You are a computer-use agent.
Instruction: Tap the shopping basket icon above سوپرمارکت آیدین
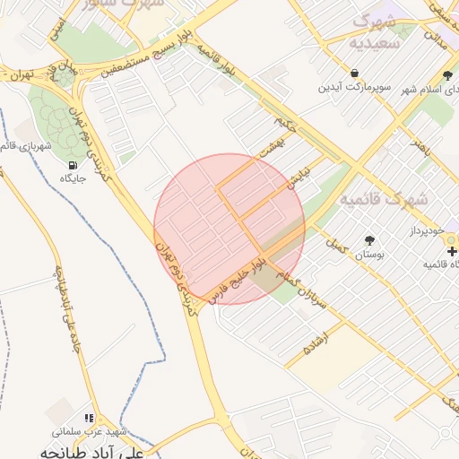tap(356, 74)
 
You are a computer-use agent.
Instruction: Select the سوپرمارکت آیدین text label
tap(355, 89)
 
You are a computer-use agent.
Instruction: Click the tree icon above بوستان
tap(369, 240)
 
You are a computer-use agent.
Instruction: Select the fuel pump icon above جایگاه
tap(73, 165)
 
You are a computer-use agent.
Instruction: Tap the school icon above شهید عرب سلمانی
tap(88, 418)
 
